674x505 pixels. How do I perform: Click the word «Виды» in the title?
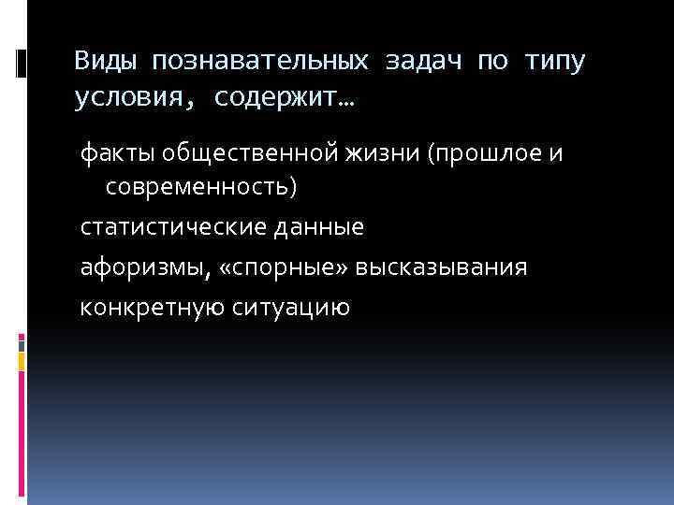[x=103, y=62]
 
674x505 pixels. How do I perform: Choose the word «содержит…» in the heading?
[x=289, y=97]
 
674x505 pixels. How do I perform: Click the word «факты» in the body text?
[x=110, y=151]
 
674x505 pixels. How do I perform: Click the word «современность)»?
[x=201, y=187]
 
